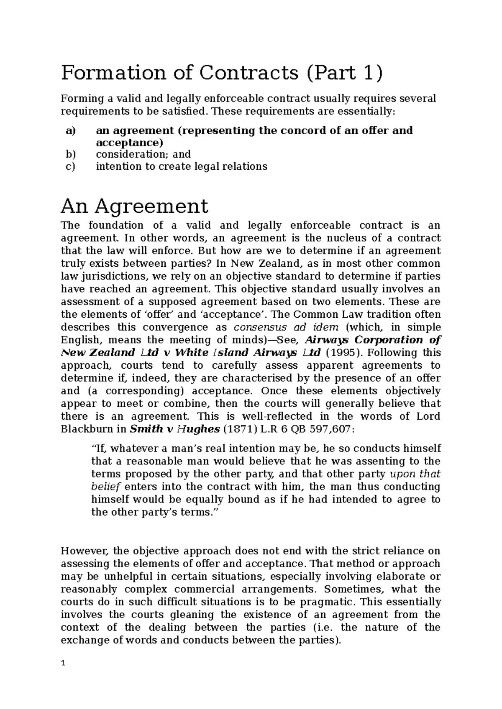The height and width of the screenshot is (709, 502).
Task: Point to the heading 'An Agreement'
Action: coord(134,206)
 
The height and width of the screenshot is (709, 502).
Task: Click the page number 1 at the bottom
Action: coord(63,663)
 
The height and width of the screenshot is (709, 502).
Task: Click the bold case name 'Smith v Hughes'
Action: coord(175,429)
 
